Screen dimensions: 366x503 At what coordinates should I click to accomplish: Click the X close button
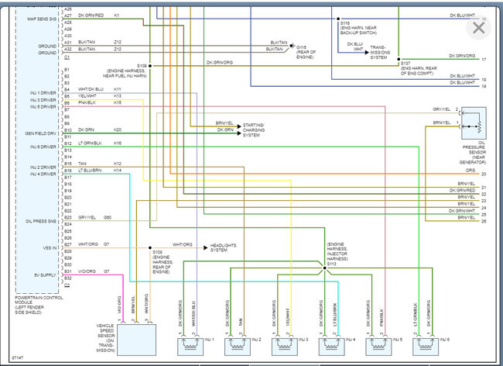[478, 28]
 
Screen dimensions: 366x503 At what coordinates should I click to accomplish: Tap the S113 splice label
[331, 264]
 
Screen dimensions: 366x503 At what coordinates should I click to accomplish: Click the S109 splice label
[142, 66]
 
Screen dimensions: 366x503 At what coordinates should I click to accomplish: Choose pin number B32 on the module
[67, 277]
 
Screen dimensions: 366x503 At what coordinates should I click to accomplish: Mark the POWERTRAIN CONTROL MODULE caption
[39, 304]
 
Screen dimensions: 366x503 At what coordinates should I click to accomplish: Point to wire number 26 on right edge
[483, 221]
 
